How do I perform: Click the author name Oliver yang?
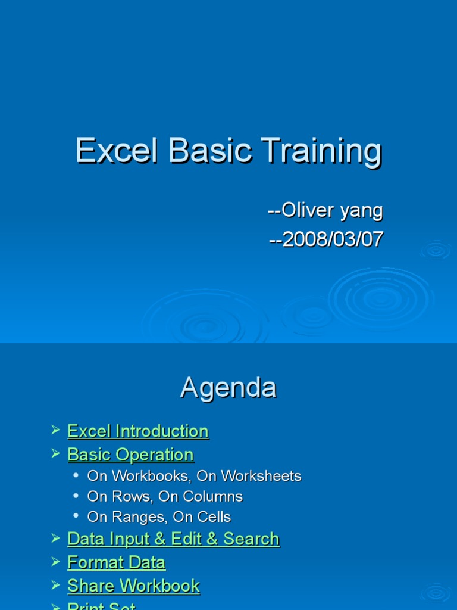click(325, 210)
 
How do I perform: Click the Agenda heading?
click(228, 388)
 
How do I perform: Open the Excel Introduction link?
click(138, 431)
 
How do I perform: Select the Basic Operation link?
click(130, 455)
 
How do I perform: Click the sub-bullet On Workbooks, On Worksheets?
click(194, 476)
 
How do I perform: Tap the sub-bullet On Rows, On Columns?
click(165, 496)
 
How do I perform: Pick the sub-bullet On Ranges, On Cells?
click(159, 516)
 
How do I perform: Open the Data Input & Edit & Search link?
click(173, 539)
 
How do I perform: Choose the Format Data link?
click(117, 562)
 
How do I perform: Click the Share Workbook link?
click(133, 586)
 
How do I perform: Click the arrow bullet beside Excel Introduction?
click(55, 430)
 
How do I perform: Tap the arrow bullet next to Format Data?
click(55, 561)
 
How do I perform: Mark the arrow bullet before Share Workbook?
click(55, 585)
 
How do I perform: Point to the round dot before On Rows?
click(76, 496)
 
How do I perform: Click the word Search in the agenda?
click(251, 539)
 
